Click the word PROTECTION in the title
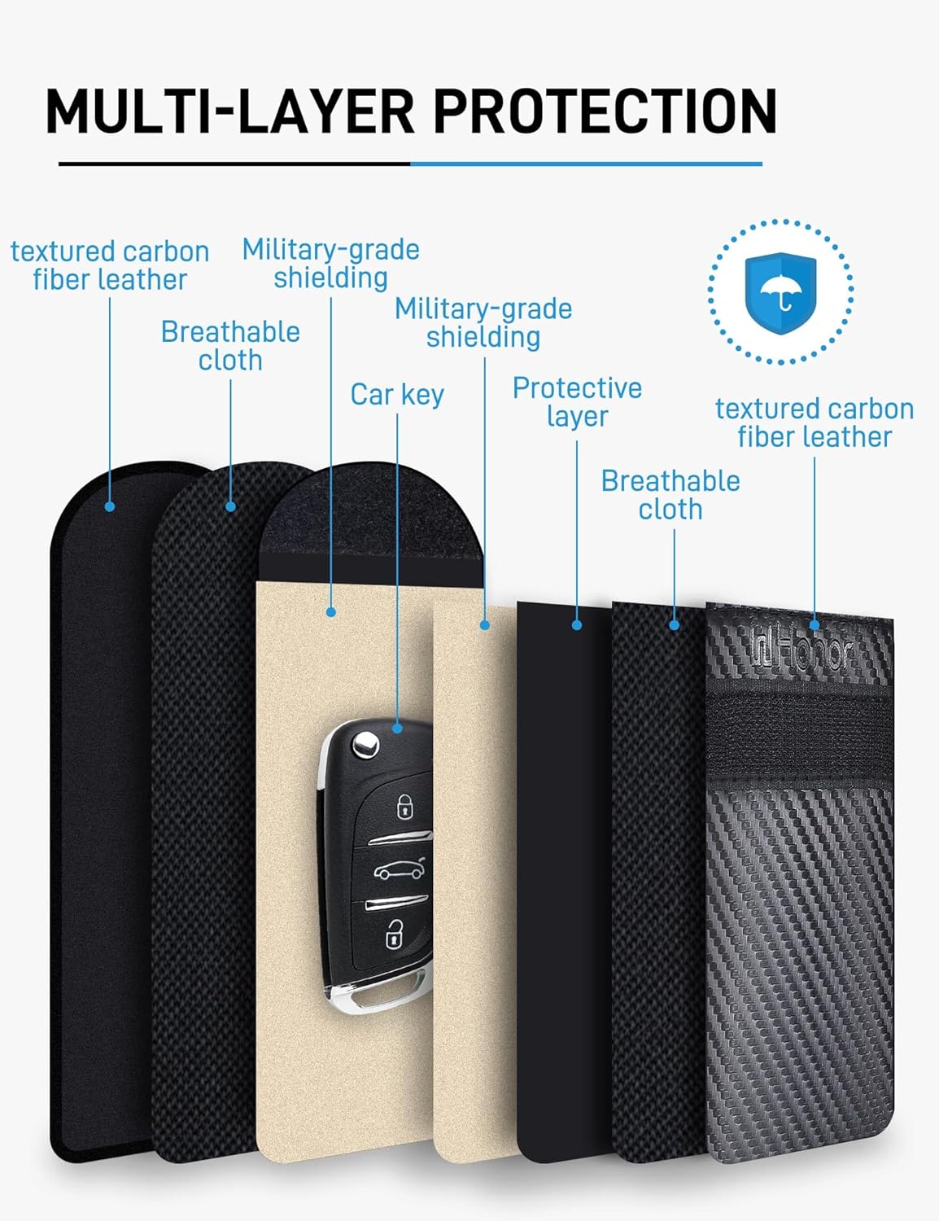click(605, 111)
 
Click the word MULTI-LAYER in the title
click(230, 111)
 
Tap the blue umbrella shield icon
click(780, 293)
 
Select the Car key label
click(397, 395)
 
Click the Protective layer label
click(578, 402)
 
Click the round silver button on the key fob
click(365, 745)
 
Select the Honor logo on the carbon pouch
click(802, 652)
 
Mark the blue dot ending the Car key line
click(398, 729)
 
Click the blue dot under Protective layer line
click(577, 625)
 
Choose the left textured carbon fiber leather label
click(110, 265)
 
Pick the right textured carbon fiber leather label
click(815, 423)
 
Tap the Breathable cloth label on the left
click(230, 346)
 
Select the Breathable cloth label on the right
click(670, 495)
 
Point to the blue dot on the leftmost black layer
click(110, 507)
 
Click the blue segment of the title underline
click(587, 164)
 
